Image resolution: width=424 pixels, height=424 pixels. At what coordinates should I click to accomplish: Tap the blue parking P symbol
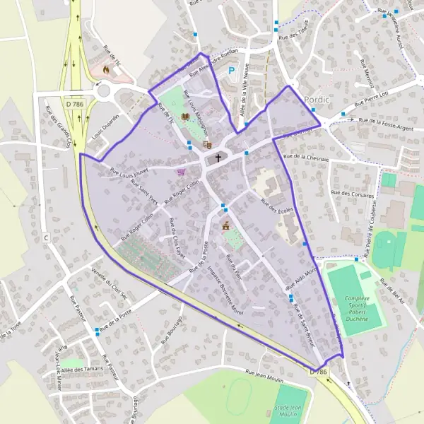click(232, 71)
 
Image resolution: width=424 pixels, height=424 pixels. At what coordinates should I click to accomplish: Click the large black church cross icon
click(218, 158)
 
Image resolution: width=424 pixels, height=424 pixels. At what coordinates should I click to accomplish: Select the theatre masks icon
click(207, 144)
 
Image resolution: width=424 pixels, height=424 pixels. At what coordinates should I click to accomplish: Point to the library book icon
click(185, 117)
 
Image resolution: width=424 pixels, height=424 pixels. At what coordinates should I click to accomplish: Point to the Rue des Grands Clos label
click(58, 126)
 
